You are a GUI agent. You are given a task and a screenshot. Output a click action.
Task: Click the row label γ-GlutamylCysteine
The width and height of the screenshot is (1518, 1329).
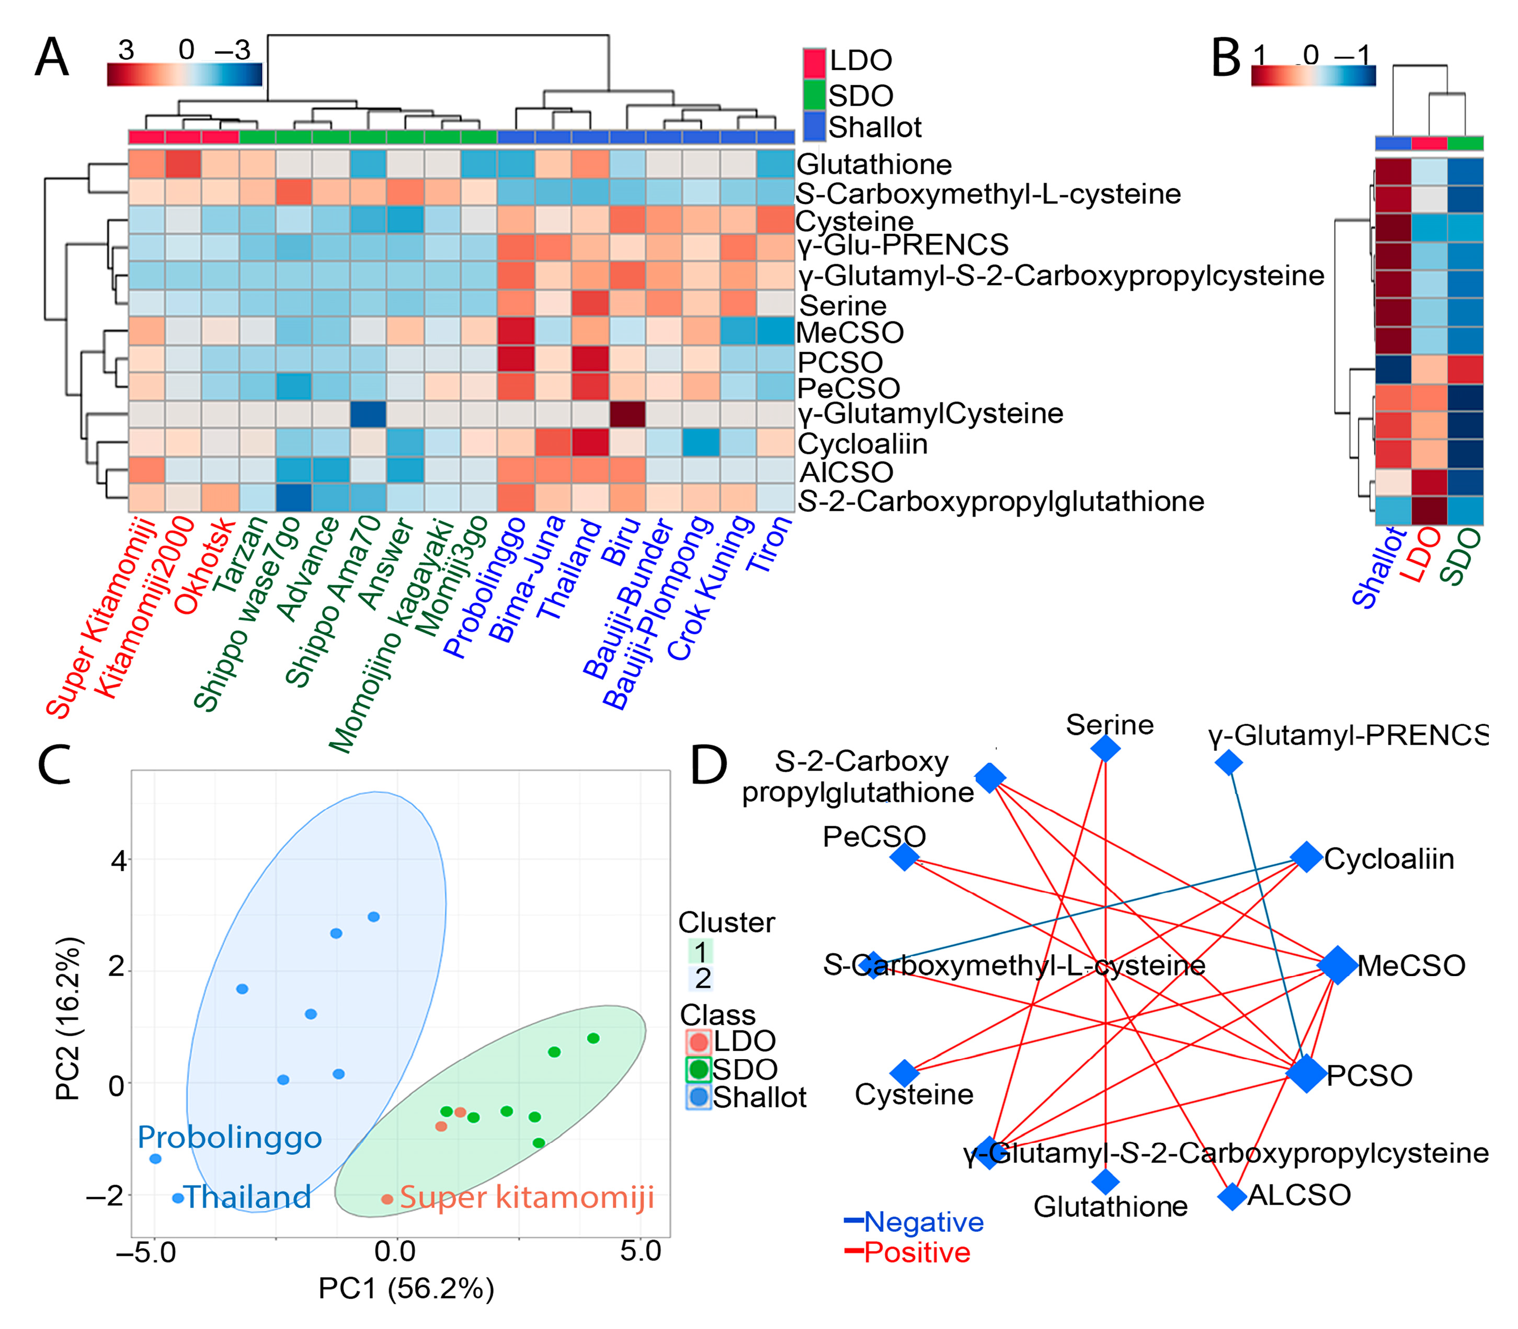(930, 413)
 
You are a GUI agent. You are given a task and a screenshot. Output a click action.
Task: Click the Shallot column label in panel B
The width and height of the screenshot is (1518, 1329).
(1378, 567)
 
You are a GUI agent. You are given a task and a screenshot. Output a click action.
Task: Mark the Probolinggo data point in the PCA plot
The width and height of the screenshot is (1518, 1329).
(155, 1159)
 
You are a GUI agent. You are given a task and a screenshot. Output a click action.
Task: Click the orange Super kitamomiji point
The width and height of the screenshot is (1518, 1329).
(387, 1199)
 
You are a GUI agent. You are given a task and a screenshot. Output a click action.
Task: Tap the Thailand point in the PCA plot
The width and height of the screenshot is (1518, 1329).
(178, 1198)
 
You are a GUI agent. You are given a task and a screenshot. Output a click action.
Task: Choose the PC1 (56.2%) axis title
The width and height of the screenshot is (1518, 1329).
(406, 1288)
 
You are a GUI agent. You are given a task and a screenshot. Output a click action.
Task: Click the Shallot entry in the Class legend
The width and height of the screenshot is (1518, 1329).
(759, 1097)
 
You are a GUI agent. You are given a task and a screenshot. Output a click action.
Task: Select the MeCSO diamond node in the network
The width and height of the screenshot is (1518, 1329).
(1337, 965)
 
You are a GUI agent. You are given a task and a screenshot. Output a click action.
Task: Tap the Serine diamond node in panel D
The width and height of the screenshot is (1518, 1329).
(1105, 748)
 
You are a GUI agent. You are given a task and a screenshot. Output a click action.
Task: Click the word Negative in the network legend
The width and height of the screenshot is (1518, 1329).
(923, 1221)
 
